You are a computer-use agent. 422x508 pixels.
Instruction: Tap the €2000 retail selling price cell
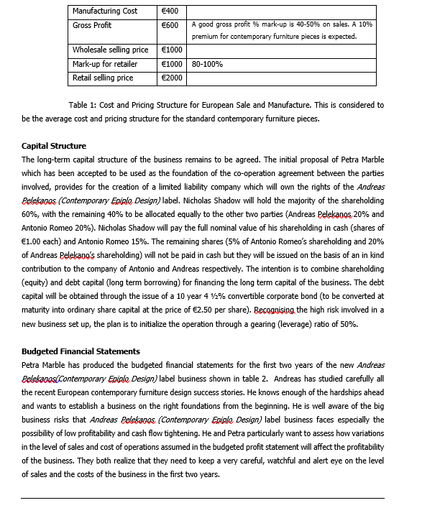pyautogui.click(x=172, y=78)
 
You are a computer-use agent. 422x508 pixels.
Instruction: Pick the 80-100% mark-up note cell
pyautogui.click(x=208, y=64)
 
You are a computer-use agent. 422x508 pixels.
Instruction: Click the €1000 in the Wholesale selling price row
pyautogui.click(x=172, y=50)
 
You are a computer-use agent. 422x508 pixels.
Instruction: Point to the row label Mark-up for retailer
pyautogui.click(x=105, y=64)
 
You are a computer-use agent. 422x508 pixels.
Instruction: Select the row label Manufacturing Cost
pyautogui.click(x=105, y=11)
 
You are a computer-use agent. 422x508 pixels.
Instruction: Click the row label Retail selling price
pyautogui.click(x=103, y=78)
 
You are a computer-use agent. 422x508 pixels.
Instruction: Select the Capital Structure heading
pyautogui.click(x=54, y=146)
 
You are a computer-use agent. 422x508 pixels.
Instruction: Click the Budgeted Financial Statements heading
pyautogui.click(x=81, y=351)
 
